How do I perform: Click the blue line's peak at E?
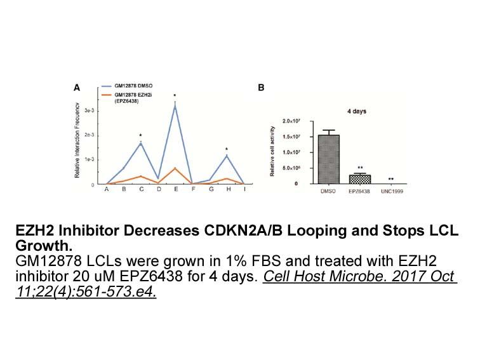click(x=175, y=106)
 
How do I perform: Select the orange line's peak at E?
click(x=175, y=168)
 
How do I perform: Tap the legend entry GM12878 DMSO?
click(x=128, y=86)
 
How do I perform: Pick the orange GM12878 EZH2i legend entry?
click(x=127, y=98)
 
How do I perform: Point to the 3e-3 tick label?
click(x=90, y=110)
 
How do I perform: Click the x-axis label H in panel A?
click(x=229, y=189)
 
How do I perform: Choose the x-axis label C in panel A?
click(x=141, y=189)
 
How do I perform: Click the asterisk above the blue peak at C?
click(x=140, y=136)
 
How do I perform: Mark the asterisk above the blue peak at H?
click(x=227, y=149)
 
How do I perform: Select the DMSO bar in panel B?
click(x=329, y=159)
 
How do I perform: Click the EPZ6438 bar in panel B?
click(x=360, y=180)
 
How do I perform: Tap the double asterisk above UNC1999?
click(x=391, y=180)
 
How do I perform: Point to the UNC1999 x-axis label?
click(x=392, y=191)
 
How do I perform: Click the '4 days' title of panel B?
click(x=357, y=112)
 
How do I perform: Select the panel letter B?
click(x=261, y=88)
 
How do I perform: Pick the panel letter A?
click(x=77, y=88)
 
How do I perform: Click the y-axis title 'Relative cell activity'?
click(x=272, y=151)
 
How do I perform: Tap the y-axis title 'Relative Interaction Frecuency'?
click(x=77, y=140)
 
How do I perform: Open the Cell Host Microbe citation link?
click(x=236, y=284)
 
